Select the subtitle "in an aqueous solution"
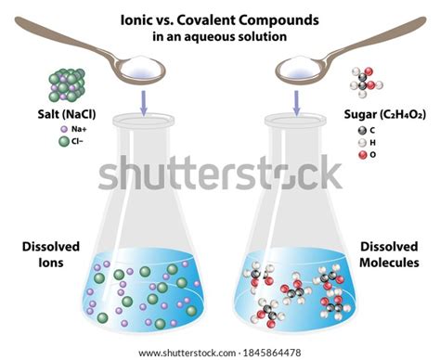click(x=219, y=37)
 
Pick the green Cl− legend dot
click(x=63, y=143)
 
